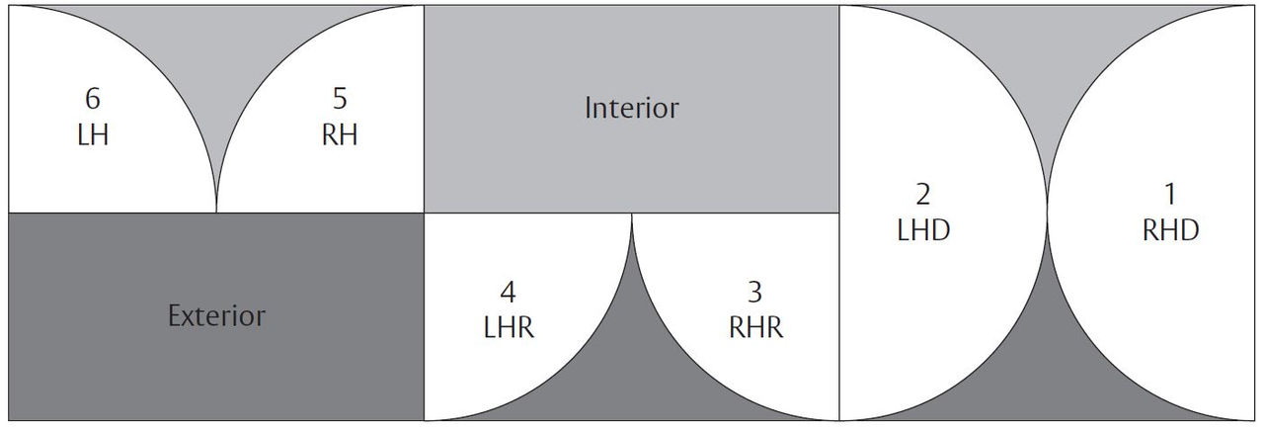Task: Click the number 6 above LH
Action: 93,100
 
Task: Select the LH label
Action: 93,134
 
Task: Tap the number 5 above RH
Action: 340,100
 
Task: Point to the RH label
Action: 340,134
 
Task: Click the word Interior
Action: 631,108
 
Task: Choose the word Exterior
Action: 216,316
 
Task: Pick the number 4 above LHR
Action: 508,294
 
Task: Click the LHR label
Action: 508,328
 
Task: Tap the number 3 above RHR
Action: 755,294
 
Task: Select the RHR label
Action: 755,328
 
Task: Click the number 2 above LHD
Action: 923,194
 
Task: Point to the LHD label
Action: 923,229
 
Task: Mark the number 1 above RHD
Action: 1171,194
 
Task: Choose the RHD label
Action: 1171,229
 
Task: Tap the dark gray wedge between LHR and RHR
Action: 631,376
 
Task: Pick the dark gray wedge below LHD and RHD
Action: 1047,376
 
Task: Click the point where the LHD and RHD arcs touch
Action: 1047,213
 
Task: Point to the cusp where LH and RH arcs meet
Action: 216,210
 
